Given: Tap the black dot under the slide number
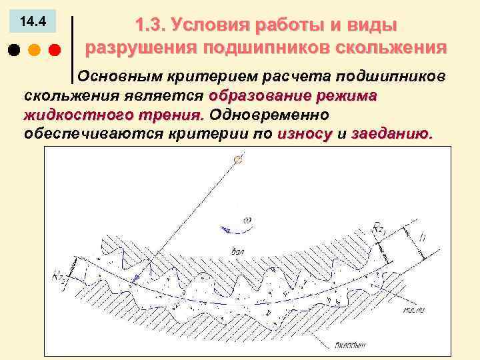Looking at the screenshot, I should [13, 50].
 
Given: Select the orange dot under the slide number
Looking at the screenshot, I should [34, 50].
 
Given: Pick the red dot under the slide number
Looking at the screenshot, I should [55, 50].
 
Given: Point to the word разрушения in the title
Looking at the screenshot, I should [141, 48].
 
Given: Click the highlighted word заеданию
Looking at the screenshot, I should [391, 133].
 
